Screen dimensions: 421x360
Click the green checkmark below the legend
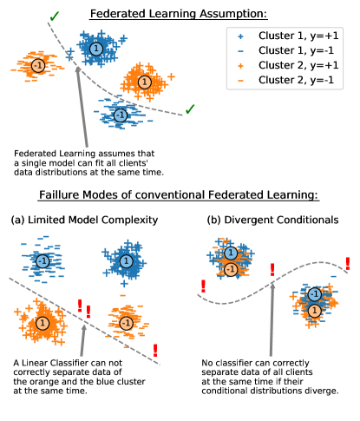[189, 109]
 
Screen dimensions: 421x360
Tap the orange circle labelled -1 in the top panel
[37, 66]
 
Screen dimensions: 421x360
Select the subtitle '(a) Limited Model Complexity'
[84, 220]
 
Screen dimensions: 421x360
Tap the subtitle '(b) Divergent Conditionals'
[274, 220]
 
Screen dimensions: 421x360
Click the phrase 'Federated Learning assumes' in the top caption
[79, 148]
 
